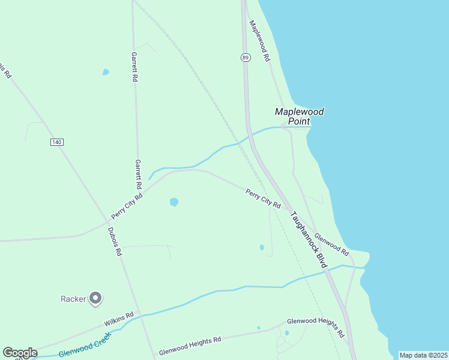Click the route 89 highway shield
point(246,58)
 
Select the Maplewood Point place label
point(300,116)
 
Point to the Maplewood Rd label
point(260,41)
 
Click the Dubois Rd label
point(115,241)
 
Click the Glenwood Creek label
point(85,344)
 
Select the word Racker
point(73,298)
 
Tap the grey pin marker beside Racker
point(95,298)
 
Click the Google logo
point(20,353)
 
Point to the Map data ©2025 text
point(423,355)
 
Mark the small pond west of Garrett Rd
point(106,72)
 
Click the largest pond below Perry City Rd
point(174,202)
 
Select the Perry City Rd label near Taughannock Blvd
point(263,198)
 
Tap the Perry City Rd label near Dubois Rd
point(127,206)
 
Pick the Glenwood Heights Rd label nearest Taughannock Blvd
point(316,326)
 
